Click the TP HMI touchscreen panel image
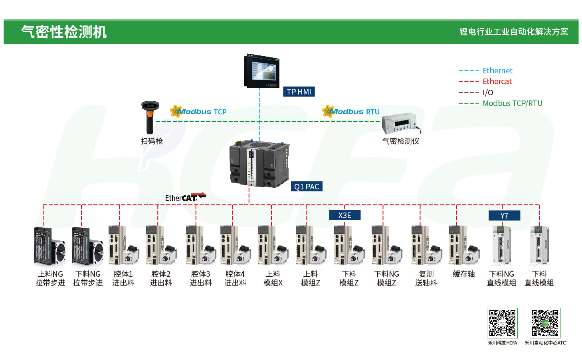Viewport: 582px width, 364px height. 262,71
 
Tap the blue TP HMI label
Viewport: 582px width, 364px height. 299,92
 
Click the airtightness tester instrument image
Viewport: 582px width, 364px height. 401,124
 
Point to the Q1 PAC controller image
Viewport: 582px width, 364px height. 259,164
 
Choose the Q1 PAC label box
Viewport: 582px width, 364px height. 307,187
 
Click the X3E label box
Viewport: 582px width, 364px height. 344,215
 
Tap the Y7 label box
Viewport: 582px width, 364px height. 504,216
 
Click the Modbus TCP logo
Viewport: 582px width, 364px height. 198,112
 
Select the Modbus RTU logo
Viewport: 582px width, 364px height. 351,112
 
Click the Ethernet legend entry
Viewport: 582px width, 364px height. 497,71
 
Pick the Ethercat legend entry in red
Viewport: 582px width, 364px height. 497,81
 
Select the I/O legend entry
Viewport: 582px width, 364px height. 488,92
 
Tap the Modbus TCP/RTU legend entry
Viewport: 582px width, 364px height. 512,103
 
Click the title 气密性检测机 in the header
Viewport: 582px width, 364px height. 64,32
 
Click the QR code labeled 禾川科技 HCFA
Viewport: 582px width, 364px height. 502,323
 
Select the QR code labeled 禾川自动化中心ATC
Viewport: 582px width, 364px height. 545,323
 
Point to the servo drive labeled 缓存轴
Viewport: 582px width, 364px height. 464,245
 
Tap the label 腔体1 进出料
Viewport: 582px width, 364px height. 123,278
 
